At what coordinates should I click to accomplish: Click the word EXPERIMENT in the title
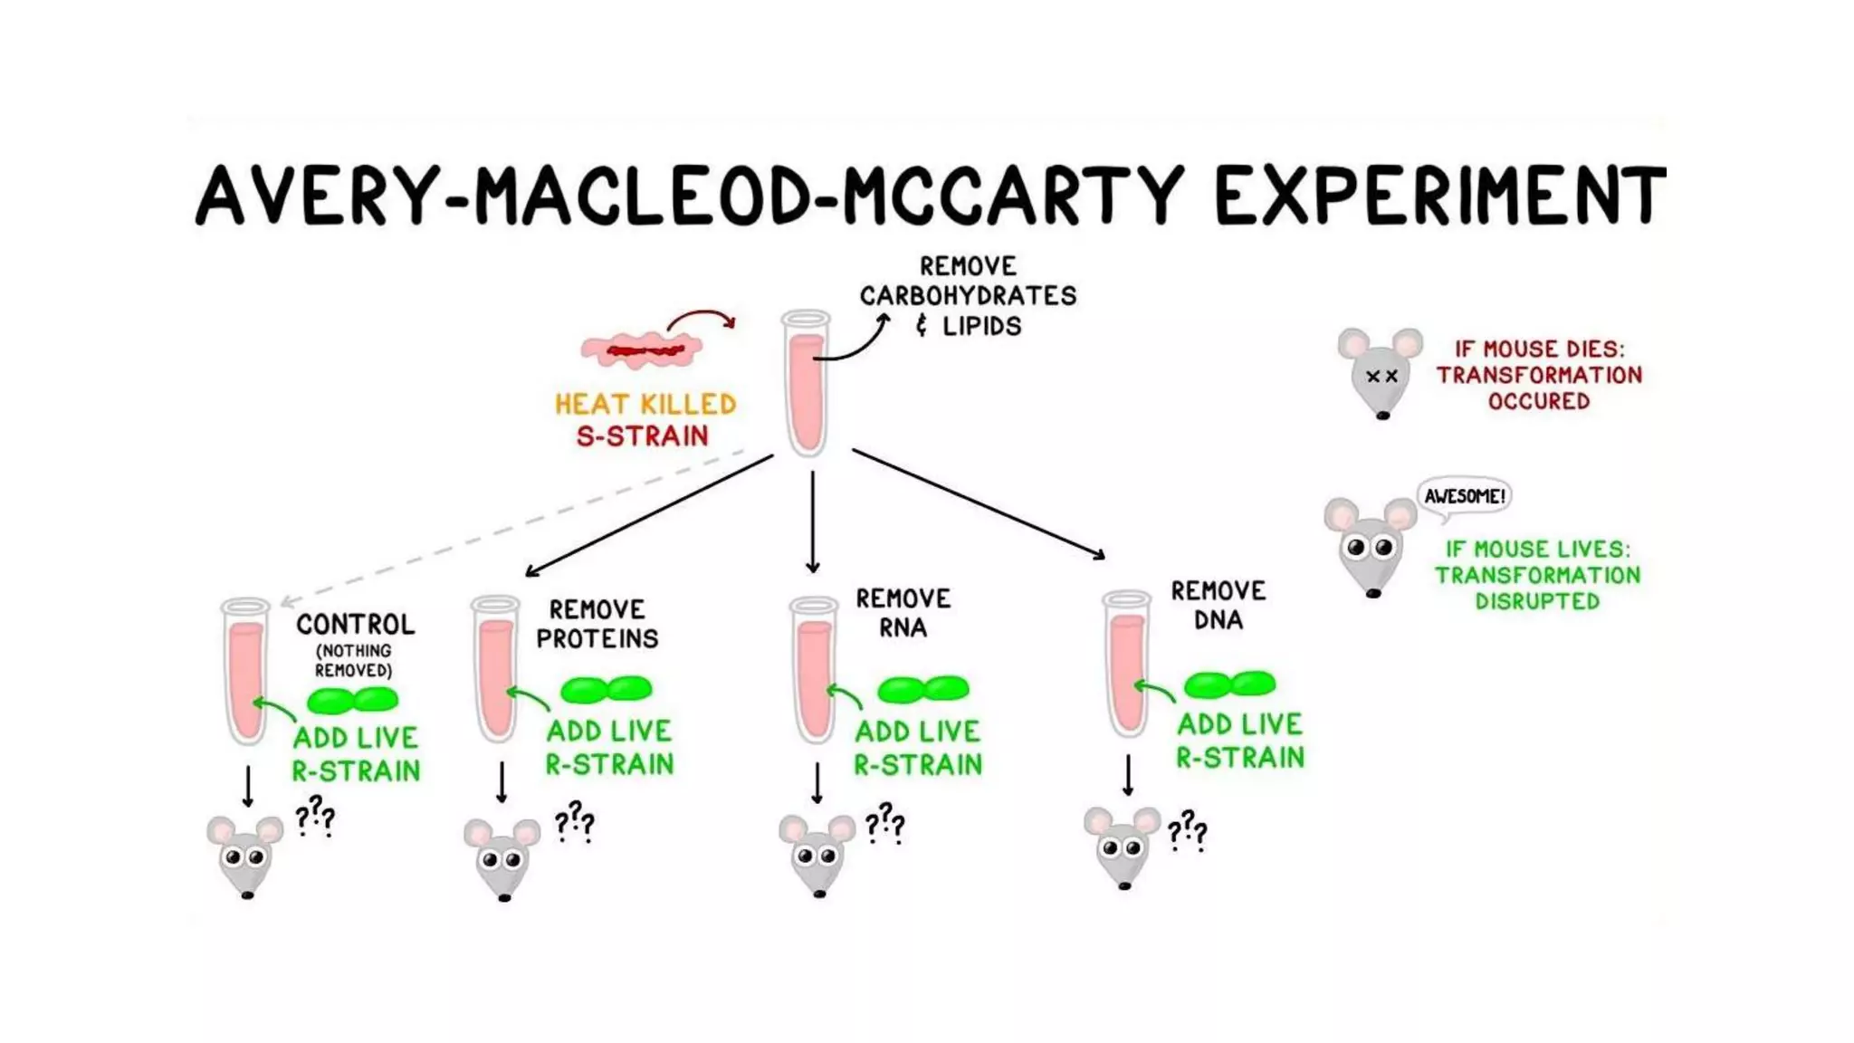pyautogui.click(x=1439, y=196)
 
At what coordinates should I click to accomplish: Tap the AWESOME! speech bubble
pyautogui.click(x=1464, y=497)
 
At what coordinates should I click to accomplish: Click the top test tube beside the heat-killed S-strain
pyautogui.click(x=806, y=383)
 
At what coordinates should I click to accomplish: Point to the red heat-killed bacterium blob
pyautogui.click(x=642, y=350)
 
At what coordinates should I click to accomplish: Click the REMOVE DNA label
pyautogui.click(x=1218, y=606)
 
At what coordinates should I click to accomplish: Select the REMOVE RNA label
pyautogui.click(x=903, y=613)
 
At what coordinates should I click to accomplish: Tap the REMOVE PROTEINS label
pyautogui.click(x=597, y=624)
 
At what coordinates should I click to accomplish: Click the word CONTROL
pyautogui.click(x=355, y=624)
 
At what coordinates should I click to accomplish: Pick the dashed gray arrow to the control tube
pyautogui.click(x=512, y=526)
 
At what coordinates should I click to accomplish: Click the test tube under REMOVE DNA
pyautogui.click(x=1127, y=664)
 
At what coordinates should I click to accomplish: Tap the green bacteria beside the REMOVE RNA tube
pyautogui.click(x=922, y=690)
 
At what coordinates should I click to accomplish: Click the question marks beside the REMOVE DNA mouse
pyautogui.click(x=1187, y=830)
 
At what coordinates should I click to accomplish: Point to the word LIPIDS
pyautogui.click(x=981, y=326)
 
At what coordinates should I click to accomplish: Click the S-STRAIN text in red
pyautogui.click(x=642, y=436)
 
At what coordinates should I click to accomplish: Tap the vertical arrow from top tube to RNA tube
pyautogui.click(x=812, y=522)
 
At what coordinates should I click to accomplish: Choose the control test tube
pyautogui.click(x=245, y=671)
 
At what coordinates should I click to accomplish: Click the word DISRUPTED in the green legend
pyautogui.click(x=1537, y=601)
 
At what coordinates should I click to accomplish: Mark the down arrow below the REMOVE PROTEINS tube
pyautogui.click(x=502, y=782)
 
